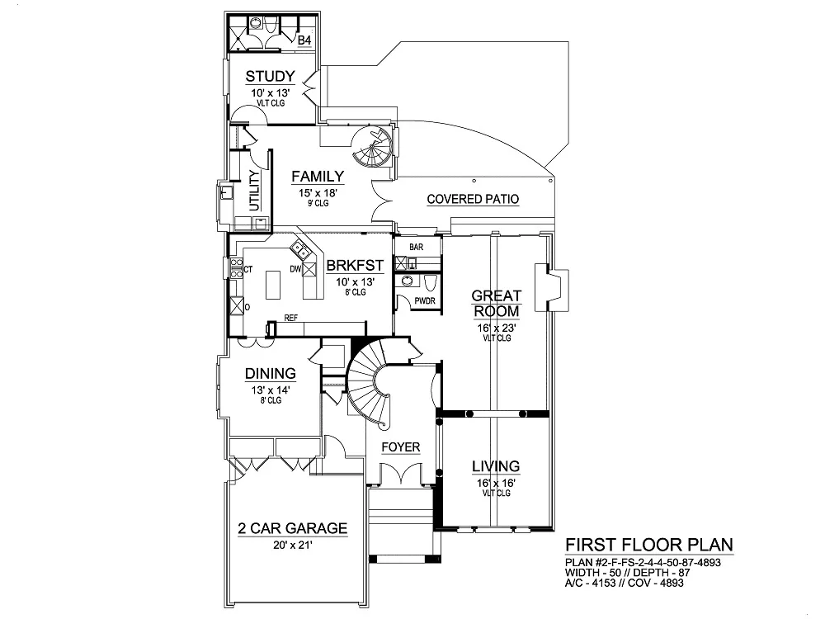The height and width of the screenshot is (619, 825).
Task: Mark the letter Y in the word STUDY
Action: [x=290, y=77]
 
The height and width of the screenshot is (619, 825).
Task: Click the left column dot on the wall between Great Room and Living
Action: [x=469, y=414]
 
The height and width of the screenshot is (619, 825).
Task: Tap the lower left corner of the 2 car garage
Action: [x=227, y=604]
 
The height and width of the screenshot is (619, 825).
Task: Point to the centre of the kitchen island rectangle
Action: [x=273, y=285]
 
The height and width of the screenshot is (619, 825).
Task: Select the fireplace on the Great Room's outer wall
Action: [x=551, y=287]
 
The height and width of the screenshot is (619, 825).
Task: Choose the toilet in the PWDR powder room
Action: [x=429, y=282]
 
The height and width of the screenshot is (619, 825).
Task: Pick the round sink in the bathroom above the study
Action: [x=255, y=23]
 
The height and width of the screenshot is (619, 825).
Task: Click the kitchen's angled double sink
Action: [x=300, y=251]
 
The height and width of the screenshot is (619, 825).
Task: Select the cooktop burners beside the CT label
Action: [x=237, y=268]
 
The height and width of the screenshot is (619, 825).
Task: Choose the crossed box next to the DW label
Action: [x=309, y=270]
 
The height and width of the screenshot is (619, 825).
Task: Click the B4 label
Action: [x=304, y=40]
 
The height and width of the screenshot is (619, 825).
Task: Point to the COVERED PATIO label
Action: [x=473, y=199]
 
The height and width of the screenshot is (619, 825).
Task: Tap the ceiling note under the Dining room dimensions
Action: [x=271, y=400]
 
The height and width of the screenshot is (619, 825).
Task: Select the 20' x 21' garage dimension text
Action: [x=293, y=546]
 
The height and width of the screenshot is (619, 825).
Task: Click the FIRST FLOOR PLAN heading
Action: [x=648, y=545]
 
